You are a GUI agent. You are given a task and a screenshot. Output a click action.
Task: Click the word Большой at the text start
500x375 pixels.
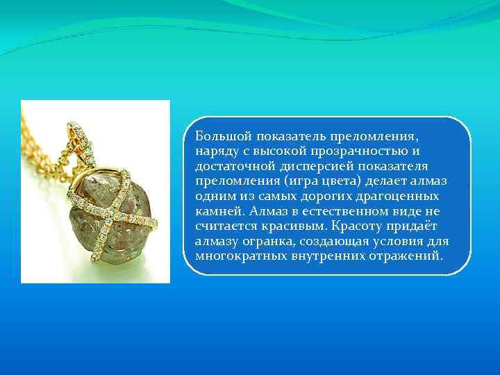tap(219, 136)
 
